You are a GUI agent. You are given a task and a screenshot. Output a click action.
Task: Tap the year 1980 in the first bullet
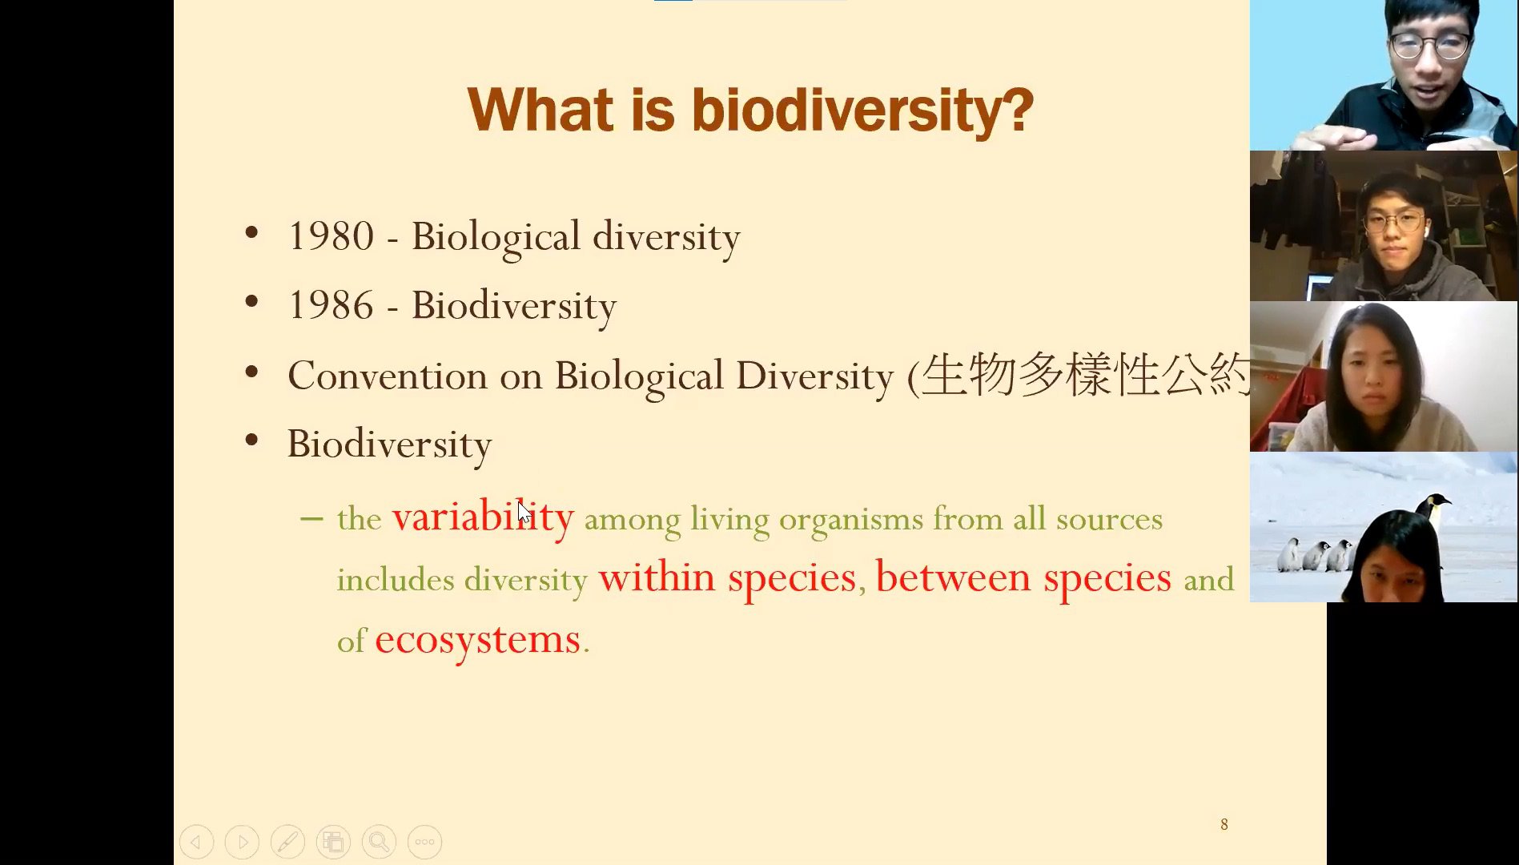pyautogui.click(x=331, y=236)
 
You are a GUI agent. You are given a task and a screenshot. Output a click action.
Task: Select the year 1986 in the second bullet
pyautogui.click(x=331, y=305)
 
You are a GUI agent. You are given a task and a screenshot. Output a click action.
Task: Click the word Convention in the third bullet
pyautogui.click(x=388, y=376)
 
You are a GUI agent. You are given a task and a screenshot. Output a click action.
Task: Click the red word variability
pyautogui.click(x=483, y=517)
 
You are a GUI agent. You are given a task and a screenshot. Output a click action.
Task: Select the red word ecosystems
pyautogui.click(x=477, y=640)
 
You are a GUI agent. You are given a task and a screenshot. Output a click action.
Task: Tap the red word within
pyautogui.click(x=657, y=577)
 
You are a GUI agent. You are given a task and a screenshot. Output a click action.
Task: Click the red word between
pyautogui.click(x=953, y=577)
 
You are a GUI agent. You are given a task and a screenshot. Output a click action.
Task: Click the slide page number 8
pyautogui.click(x=1224, y=824)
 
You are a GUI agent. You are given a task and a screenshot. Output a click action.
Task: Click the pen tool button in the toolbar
pyautogui.click(x=287, y=842)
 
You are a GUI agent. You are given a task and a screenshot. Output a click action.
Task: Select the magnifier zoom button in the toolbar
pyautogui.click(x=379, y=842)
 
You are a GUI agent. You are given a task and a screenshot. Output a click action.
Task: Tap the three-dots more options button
pyautogui.click(x=424, y=842)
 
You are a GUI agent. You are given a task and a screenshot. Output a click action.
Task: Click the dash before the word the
pyautogui.click(x=311, y=519)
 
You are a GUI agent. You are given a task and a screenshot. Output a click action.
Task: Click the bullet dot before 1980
pyautogui.click(x=251, y=233)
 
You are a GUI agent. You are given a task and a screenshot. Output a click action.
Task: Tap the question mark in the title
pyautogui.click(x=1018, y=111)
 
